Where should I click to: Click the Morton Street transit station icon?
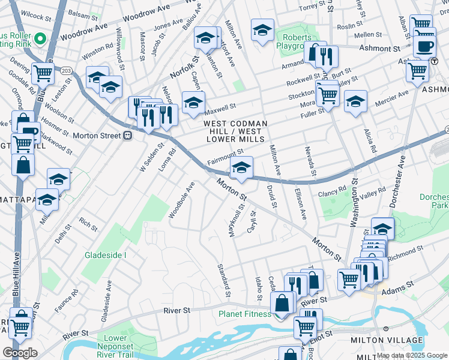[x=127, y=136]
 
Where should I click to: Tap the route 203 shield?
[x=66, y=71]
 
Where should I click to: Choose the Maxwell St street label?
[x=220, y=109]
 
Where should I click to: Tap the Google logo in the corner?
[x=20, y=353]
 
